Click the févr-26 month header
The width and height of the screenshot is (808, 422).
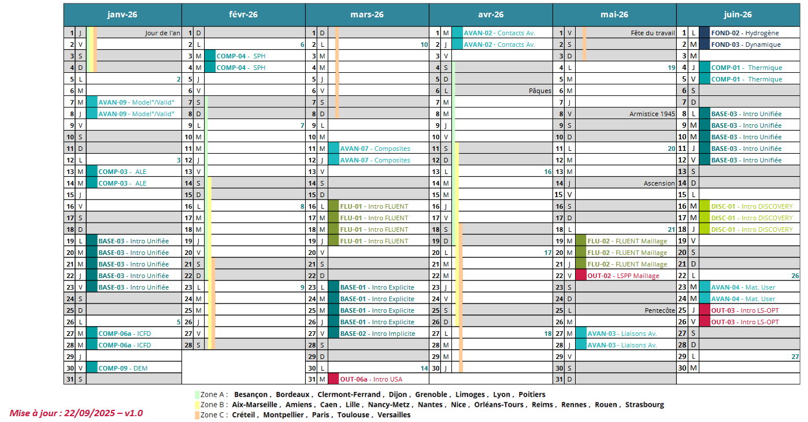click(243, 14)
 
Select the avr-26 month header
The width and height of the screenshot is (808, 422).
click(491, 14)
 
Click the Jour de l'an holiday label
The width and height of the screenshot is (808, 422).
click(162, 33)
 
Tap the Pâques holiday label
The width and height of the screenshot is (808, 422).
click(540, 91)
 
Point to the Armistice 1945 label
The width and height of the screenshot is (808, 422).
click(652, 114)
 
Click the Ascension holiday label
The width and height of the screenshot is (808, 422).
click(659, 183)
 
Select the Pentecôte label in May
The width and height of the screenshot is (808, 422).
click(659, 310)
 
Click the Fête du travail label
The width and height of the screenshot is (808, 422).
click(653, 33)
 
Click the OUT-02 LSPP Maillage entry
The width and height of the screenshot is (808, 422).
click(623, 276)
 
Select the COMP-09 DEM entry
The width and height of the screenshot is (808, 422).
click(123, 368)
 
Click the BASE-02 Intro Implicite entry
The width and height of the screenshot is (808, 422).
click(377, 334)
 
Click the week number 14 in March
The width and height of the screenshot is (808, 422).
click(424, 368)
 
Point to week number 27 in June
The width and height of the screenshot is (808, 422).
click(795, 357)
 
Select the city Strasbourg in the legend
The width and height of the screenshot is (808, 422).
click(644, 405)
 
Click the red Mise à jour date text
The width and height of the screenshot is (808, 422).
click(76, 413)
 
